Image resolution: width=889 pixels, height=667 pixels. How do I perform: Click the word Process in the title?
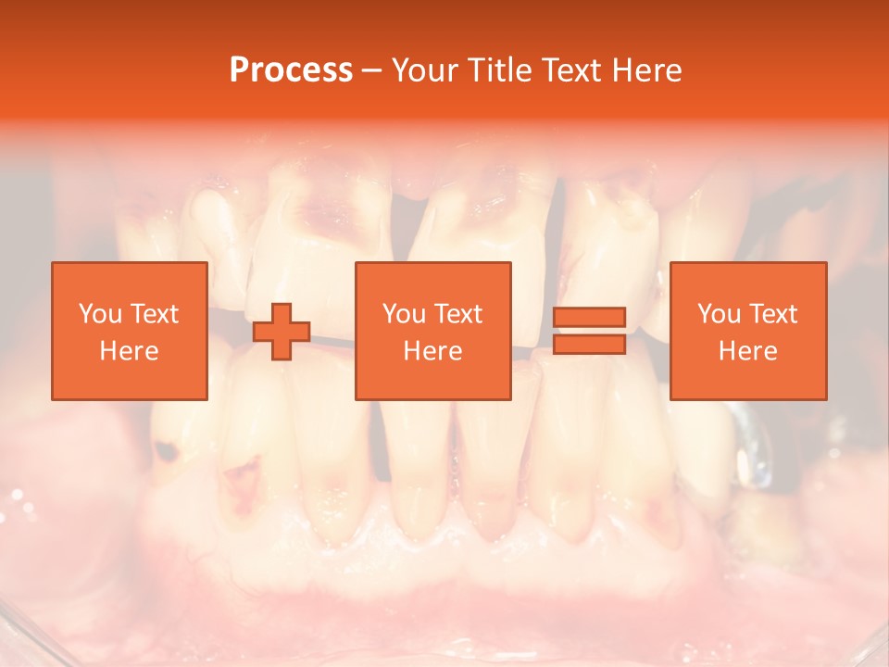click(x=291, y=70)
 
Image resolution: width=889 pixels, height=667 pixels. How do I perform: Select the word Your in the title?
click(x=422, y=70)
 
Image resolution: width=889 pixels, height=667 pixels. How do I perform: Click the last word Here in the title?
click(x=645, y=70)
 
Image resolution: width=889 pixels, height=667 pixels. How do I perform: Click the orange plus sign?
click(x=282, y=332)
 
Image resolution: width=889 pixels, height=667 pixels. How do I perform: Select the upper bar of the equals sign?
click(x=589, y=318)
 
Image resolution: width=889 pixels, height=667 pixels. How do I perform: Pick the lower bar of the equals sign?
click(x=589, y=344)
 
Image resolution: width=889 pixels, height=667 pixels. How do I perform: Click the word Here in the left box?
click(x=129, y=351)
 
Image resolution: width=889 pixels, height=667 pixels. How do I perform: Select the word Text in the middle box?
click(x=459, y=314)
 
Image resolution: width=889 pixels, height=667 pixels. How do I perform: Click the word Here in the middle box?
click(x=432, y=351)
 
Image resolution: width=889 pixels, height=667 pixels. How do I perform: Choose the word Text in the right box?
click(x=774, y=314)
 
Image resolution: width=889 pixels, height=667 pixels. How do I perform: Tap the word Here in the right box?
click(x=747, y=351)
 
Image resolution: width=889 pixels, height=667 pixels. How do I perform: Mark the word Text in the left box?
click(x=155, y=314)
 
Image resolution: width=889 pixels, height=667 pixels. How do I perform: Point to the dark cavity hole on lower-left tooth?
click(x=167, y=452)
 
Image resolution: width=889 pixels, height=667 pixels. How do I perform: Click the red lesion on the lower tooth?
click(x=243, y=482)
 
